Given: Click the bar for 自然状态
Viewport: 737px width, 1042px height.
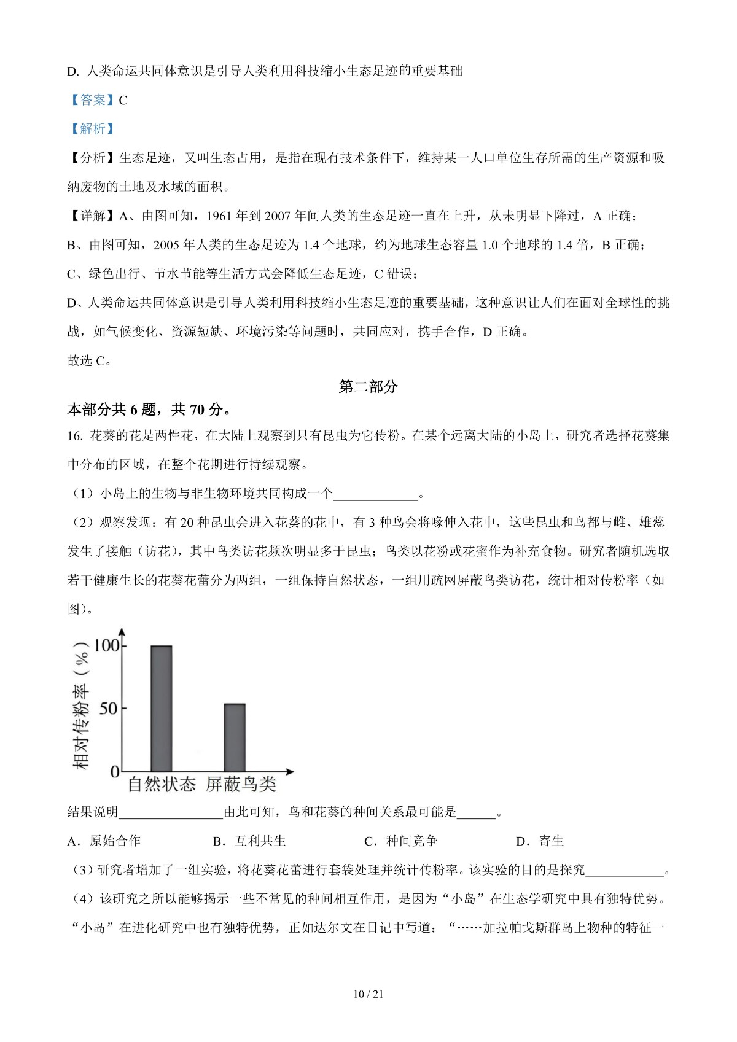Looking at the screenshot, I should pos(162,708).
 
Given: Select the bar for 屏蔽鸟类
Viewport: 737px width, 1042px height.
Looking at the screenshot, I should pos(235,737).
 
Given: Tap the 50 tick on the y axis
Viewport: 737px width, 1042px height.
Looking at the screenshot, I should pos(108,708).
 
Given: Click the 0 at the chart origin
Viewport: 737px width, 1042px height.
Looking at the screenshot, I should pos(115,771).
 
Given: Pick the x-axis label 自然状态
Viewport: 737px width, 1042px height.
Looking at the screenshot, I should pos(162,784).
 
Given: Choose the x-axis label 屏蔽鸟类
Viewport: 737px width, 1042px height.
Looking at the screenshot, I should pos(241,784).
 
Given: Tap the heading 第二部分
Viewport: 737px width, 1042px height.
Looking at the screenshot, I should pos(368,386).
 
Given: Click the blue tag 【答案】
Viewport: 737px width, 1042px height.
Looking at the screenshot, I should pos(92,100).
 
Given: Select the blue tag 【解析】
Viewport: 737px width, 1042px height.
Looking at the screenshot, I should pos(92,129).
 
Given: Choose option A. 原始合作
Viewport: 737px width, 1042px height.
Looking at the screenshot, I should pos(104,841).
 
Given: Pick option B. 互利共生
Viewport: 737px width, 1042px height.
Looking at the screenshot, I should pos(249,841).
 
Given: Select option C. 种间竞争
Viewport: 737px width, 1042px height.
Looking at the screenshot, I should pos(400,841).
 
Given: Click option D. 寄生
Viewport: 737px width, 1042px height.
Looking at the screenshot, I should pos(540,841).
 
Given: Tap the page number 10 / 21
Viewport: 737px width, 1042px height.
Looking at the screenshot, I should pos(368,994).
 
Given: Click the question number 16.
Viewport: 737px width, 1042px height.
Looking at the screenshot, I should pos(74,436).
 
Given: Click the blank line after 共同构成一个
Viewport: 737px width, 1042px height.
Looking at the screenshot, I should pos(375,494).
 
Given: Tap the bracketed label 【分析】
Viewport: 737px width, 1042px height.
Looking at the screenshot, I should pos(92,158).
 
